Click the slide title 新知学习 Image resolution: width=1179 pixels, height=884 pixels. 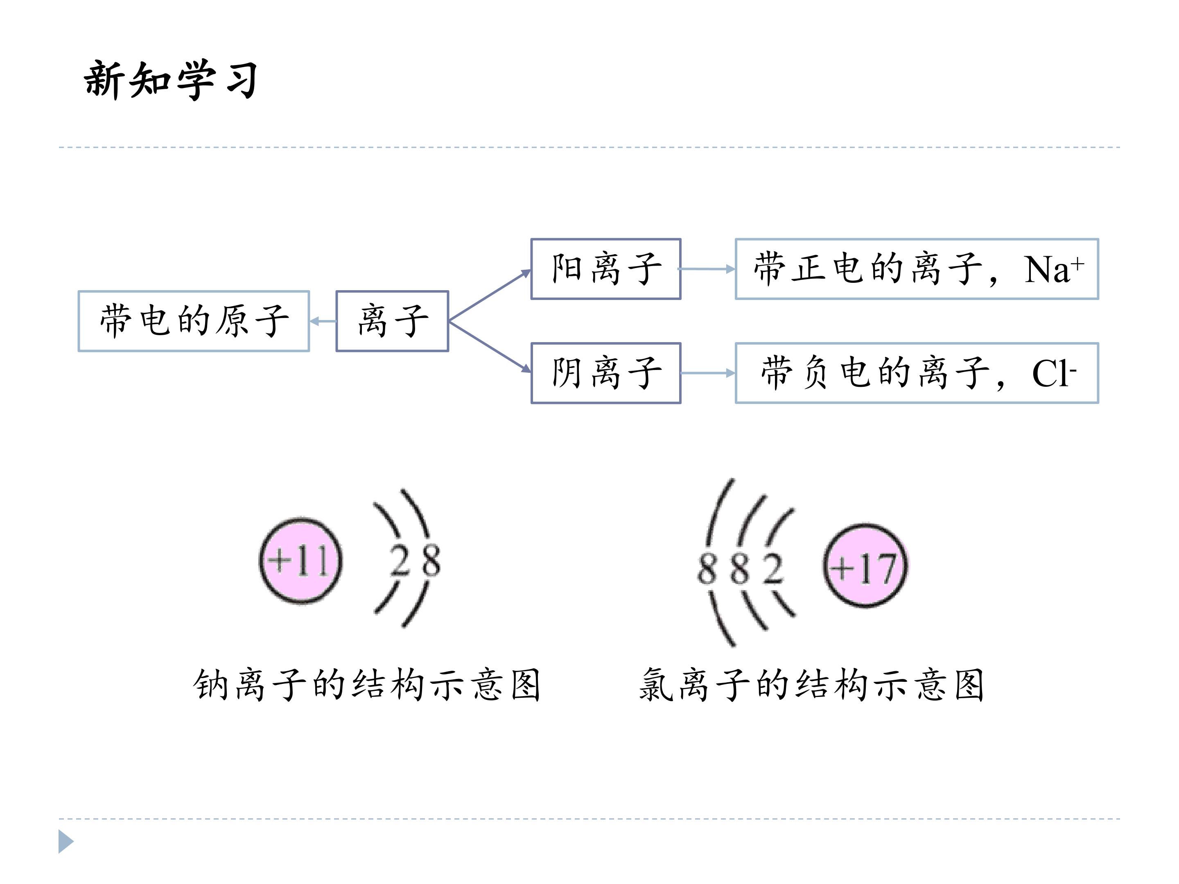[171, 80]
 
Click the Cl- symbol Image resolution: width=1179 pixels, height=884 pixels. [1054, 372]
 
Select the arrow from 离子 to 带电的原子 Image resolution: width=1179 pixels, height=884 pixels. [323, 321]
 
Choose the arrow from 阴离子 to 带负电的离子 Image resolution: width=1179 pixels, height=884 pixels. [708, 373]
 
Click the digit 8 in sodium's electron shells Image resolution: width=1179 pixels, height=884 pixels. [429, 561]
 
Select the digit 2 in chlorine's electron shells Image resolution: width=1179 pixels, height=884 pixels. [772, 568]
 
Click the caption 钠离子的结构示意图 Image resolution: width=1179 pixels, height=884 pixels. [367, 684]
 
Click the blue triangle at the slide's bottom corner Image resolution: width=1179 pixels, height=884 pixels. [65, 841]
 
